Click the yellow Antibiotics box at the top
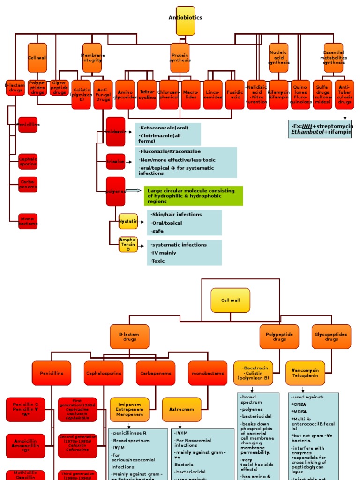185,20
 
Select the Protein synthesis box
180,58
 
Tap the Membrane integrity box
92,58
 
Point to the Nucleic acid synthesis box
278,58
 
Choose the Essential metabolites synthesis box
333,58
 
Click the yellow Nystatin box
128,221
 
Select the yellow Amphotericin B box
128,244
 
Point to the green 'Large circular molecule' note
194,196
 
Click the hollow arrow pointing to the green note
133,191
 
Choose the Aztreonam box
181,409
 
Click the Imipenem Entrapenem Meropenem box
129,409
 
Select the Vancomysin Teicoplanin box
305,373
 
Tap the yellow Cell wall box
230,300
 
